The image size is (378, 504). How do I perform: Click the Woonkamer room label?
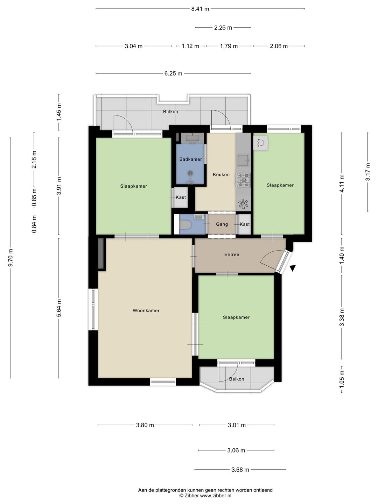tap(146, 310)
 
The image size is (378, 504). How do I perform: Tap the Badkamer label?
tap(190, 159)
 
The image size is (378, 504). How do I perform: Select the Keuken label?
tap(221, 175)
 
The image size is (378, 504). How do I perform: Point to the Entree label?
tap(232, 254)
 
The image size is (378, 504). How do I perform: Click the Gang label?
tap(222, 224)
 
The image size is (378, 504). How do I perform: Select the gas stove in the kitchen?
tap(243, 180)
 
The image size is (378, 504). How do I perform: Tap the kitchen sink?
tap(243, 160)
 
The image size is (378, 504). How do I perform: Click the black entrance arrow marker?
tap(293, 268)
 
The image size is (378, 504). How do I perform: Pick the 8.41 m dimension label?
tap(200, 9)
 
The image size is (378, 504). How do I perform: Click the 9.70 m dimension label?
tap(10, 258)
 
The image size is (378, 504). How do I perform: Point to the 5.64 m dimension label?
tap(59, 308)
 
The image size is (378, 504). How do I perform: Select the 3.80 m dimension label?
tap(145, 425)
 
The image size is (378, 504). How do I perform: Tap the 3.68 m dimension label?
tap(240, 470)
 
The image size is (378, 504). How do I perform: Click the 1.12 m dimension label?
tap(190, 46)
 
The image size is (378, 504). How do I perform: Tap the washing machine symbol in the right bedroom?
tap(260, 143)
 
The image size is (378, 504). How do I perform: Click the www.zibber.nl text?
tap(216, 496)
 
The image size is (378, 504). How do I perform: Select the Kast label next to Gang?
tap(244, 224)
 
